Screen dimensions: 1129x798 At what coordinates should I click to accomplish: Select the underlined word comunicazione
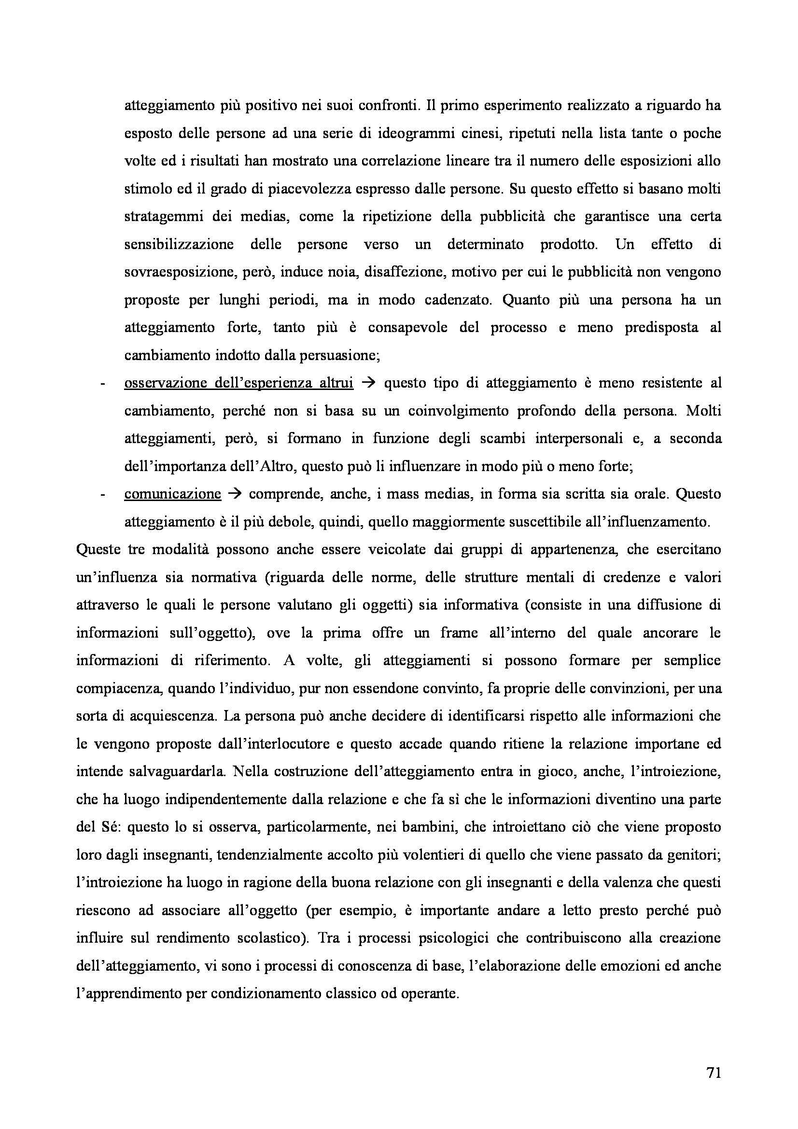pyautogui.click(x=172, y=494)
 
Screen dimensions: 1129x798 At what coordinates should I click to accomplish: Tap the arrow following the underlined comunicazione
pyautogui.click(x=236, y=494)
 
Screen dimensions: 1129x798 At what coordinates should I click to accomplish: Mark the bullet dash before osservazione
pyautogui.click(x=103, y=384)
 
